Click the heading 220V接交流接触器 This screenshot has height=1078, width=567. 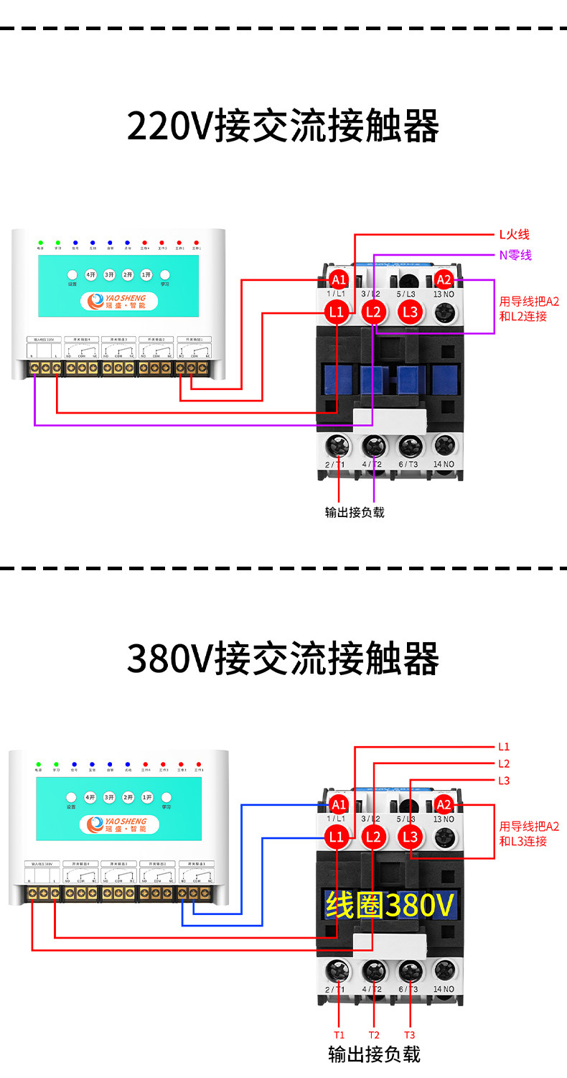tap(283, 126)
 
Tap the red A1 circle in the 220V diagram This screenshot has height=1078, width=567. tap(338, 279)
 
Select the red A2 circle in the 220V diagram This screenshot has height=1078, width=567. tap(444, 279)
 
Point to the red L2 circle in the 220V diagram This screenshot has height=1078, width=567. tap(373, 312)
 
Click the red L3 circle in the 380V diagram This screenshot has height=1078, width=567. tap(411, 837)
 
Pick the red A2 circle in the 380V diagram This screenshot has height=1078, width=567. tap(444, 804)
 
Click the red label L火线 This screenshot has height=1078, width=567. tap(515, 234)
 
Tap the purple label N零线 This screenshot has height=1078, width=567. tap(515, 255)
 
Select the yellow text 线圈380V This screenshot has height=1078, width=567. tap(390, 906)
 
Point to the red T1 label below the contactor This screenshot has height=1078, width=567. tap(339, 1035)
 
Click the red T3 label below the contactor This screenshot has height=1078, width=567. tap(409, 1035)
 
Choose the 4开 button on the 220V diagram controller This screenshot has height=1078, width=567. tap(90, 275)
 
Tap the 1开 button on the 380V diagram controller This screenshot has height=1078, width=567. tap(147, 797)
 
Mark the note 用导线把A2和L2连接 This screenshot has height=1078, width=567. tap(529, 309)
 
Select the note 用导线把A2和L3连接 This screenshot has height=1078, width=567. tap(529, 834)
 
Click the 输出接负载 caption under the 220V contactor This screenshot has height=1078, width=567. tap(355, 512)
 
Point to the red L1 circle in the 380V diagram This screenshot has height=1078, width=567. tap(336, 837)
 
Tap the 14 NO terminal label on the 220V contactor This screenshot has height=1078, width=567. tap(444, 464)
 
